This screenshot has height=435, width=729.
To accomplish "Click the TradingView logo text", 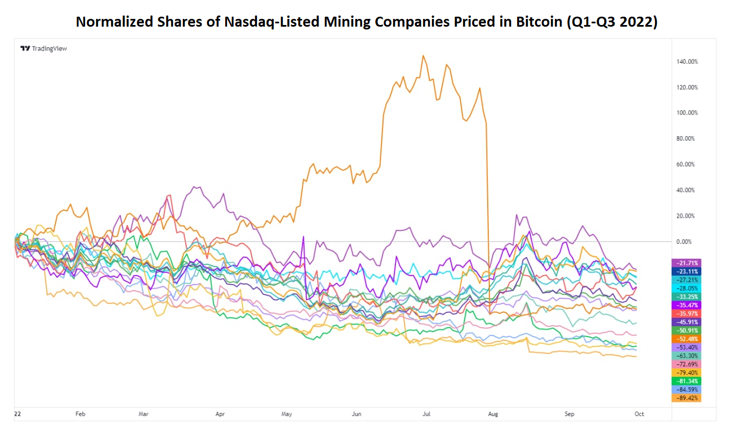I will coord(49,48).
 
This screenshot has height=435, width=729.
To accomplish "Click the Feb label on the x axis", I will coord(80,414).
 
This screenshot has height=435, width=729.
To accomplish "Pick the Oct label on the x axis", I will coord(639,414).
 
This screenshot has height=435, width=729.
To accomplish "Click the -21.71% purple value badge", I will coord(687,263).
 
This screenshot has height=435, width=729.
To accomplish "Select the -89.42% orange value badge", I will coord(687,398).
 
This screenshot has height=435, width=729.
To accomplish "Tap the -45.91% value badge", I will coord(687,322).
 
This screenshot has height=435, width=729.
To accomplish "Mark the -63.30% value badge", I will coord(687,356).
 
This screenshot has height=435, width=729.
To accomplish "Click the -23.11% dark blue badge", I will coord(687,271).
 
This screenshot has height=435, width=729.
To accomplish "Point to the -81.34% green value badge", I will coord(687,381).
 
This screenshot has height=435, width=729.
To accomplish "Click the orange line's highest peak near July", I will coord(423,56).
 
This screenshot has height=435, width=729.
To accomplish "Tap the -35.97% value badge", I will coord(687,313).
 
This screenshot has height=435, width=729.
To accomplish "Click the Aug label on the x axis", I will coord(493,414).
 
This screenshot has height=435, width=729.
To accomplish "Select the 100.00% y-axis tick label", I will coord(686,113).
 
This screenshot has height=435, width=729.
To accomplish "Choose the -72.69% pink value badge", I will coord(687,364).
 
